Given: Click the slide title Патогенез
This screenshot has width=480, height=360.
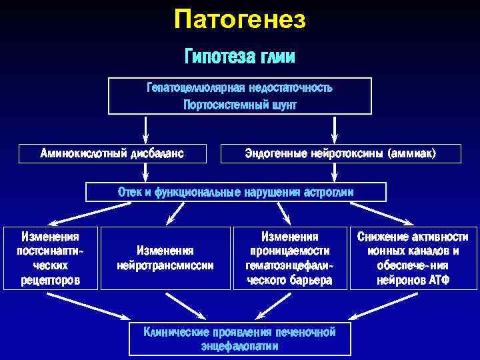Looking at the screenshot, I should click(239, 20).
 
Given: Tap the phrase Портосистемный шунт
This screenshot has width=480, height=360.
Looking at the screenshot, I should click(239, 105).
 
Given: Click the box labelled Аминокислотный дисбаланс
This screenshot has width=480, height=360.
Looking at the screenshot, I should click(112, 154).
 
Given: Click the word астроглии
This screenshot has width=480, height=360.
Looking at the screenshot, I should click(328, 192).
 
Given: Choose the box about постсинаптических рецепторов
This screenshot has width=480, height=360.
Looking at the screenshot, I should click(51, 258).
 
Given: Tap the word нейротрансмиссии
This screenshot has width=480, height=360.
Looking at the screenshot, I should click(165, 265).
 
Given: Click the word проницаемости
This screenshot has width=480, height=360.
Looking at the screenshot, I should click(289, 251).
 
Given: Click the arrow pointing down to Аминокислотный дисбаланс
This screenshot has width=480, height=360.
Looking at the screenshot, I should click(146, 129).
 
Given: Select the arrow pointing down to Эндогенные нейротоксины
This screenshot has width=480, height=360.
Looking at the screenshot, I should click(331, 129).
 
